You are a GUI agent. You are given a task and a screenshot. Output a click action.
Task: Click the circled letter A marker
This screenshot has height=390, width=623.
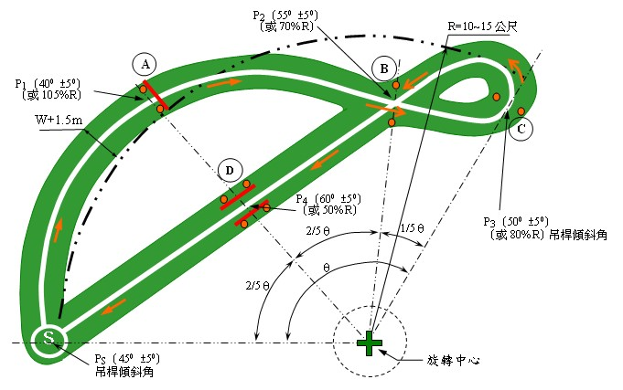click(145, 64)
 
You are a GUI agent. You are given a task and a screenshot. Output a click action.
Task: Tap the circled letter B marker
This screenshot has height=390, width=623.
click(385, 67)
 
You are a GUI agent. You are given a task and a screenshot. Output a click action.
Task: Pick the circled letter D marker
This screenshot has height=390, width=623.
click(231, 171)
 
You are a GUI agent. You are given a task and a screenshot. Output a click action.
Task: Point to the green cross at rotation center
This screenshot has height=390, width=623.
click(370, 343)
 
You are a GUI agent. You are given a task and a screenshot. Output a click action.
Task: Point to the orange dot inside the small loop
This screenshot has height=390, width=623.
click(496, 96)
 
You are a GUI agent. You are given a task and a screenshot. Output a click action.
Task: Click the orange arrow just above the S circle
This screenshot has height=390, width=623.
click(58, 230)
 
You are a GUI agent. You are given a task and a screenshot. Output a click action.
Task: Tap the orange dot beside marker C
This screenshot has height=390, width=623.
click(521, 111)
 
